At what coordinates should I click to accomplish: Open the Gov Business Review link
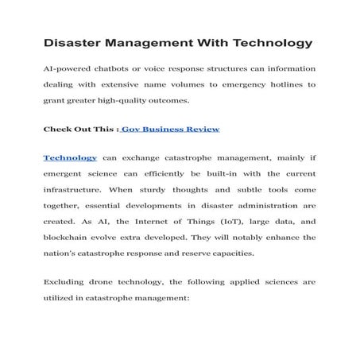[171, 128]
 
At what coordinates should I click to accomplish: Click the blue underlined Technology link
[70, 158]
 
